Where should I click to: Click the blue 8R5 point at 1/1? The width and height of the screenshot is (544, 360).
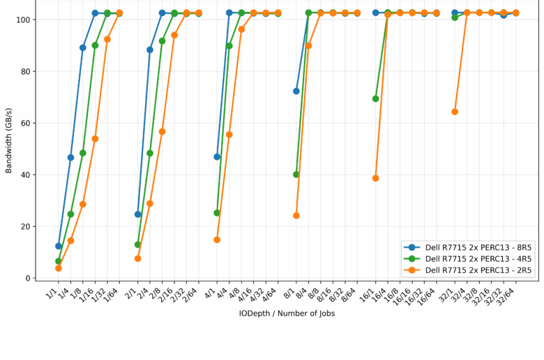[x=59, y=246]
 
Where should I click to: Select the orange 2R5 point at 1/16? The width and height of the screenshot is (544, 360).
[x=95, y=139]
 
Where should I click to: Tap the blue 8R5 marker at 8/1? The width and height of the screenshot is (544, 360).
[x=296, y=91]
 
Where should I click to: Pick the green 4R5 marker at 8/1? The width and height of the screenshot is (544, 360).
[x=296, y=174]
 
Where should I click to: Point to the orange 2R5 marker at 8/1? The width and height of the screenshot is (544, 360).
[x=296, y=216]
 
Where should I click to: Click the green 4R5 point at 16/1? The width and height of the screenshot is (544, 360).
[x=376, y=99]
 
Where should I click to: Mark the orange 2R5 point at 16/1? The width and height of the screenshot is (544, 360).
[x=376, y=179]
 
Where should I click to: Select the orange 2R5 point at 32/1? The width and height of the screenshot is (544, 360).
[x=455, y=112]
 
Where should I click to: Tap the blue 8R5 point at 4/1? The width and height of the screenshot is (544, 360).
[x=217, y=157]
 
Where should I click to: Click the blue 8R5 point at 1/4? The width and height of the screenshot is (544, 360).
[x=70, y=158]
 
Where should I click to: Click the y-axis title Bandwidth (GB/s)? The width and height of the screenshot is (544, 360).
[x=9, y=140]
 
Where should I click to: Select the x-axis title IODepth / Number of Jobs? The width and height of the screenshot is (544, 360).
[x=287, y=313]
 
